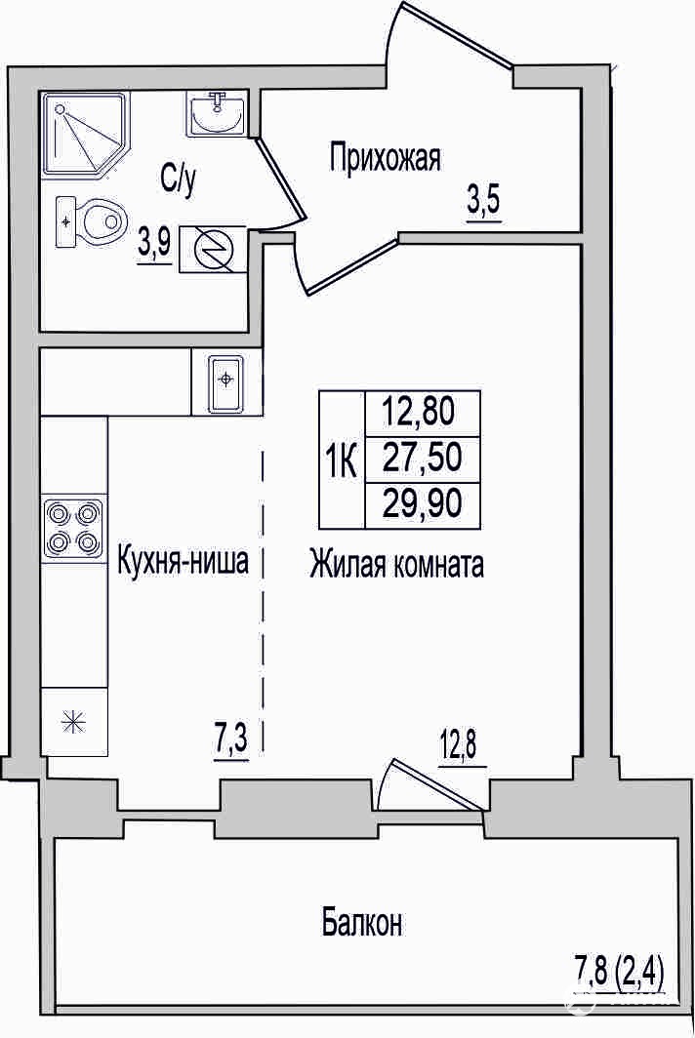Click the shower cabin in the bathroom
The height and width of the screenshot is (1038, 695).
tap(86, 134)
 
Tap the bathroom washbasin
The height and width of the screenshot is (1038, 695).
tap(216, 114)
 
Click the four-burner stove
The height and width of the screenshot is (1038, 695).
tap(73, 529)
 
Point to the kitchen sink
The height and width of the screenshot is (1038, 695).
tap(226, 381)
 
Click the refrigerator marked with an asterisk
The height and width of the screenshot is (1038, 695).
tap(74, 721)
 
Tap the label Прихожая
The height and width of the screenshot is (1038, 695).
tap(385, 159)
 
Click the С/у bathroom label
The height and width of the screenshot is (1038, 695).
tap(178, 180)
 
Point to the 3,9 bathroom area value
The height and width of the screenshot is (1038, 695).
tap(153, 246)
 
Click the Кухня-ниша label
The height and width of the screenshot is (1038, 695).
tap(183, 561)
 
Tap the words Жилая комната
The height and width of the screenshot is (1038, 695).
tap(396, 566)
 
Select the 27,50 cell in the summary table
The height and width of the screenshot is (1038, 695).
tap(423, 459)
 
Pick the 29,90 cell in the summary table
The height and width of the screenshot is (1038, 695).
tap(423, 505)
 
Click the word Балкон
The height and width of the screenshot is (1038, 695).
tap(362, 922)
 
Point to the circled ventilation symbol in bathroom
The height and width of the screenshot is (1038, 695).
tap(212, 249)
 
